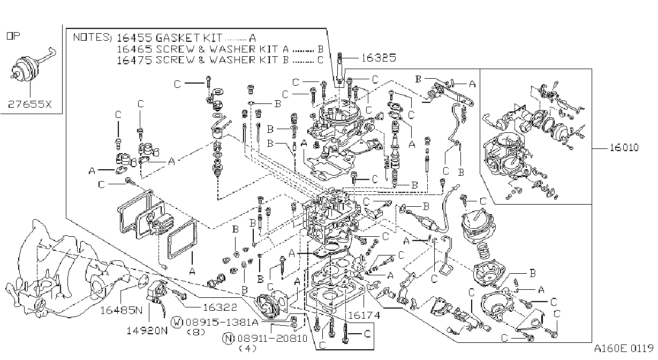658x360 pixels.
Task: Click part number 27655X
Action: [x=29, y=104]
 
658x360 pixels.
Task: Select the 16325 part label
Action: [x=379, y=58]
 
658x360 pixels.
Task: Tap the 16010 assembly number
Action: [x=624, y=147]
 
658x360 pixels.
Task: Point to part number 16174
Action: [x=364, y=316]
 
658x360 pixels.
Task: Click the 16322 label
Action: [x=220, y=307]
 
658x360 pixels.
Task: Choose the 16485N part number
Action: [x=122, y=310]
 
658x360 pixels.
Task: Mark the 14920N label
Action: [x=147, y=331]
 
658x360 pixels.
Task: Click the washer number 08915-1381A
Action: [x=222, y=322]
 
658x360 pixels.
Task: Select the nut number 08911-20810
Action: [x=273, y=339]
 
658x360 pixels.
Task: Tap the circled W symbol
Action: [x=177, y=322]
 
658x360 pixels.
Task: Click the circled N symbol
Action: [x=229, y=339]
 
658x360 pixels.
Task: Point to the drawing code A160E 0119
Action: [x=624, y=349]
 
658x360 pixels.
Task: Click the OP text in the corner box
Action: [x=13, y=36]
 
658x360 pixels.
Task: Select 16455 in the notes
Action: [x=134, y=38]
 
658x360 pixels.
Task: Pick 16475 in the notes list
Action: [x=134, y=60]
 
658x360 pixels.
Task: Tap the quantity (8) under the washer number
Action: [x=196, y=332]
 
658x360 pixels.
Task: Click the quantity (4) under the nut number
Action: [x=248, y=349]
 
